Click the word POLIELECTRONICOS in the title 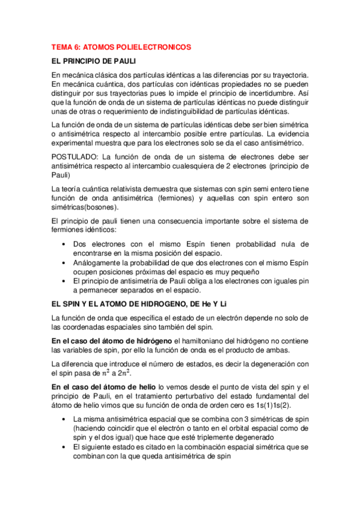154,46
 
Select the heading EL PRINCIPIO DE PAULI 94,61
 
